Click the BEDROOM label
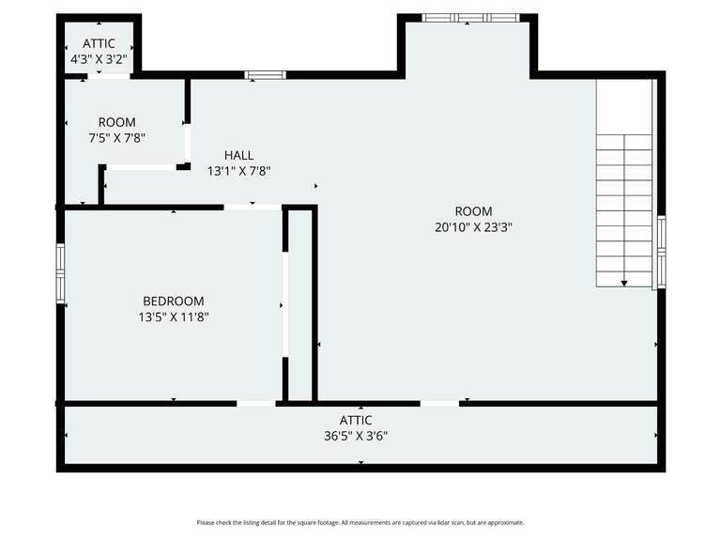pyautogui.click(x=174, y=301)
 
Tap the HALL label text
pyautogui.click(x=238, y=155)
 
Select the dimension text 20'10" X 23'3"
pyautogui.click(x=473, y=226)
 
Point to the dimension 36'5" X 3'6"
pyautogui.click(x=356, y=436)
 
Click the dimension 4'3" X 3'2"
pyautogui.click(x=99, y=59)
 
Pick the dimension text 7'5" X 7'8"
pyautogui.click(x=116, y=137)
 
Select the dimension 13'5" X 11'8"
pyautogui.click(x=174, y=317)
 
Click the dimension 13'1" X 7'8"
pyautogui.click(x=238, y=171)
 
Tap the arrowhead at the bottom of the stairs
pyautogui.click(x=624, y=284)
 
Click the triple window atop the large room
pyautogui.click(x=470, y=18)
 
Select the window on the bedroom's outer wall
pyautogui.click(x=60, y=273)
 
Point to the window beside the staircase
pyautogui.click(x=661, y=252)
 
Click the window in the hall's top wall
pyautogui.click(x=266, y=75)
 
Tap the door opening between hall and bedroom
pyautogui.click(x=253, y=208)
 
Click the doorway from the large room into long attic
pyautogui.click(x=439, y=404)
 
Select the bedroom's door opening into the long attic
pyautogui.click(x=256, y=404)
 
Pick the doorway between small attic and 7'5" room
pyautogui.click(x=109, y=76)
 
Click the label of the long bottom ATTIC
pyautogui.click(x=356, y=420)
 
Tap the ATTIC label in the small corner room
pyautogui.click(x=99, y=43)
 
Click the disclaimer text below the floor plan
pyautogui.click(x=360, y=522)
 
